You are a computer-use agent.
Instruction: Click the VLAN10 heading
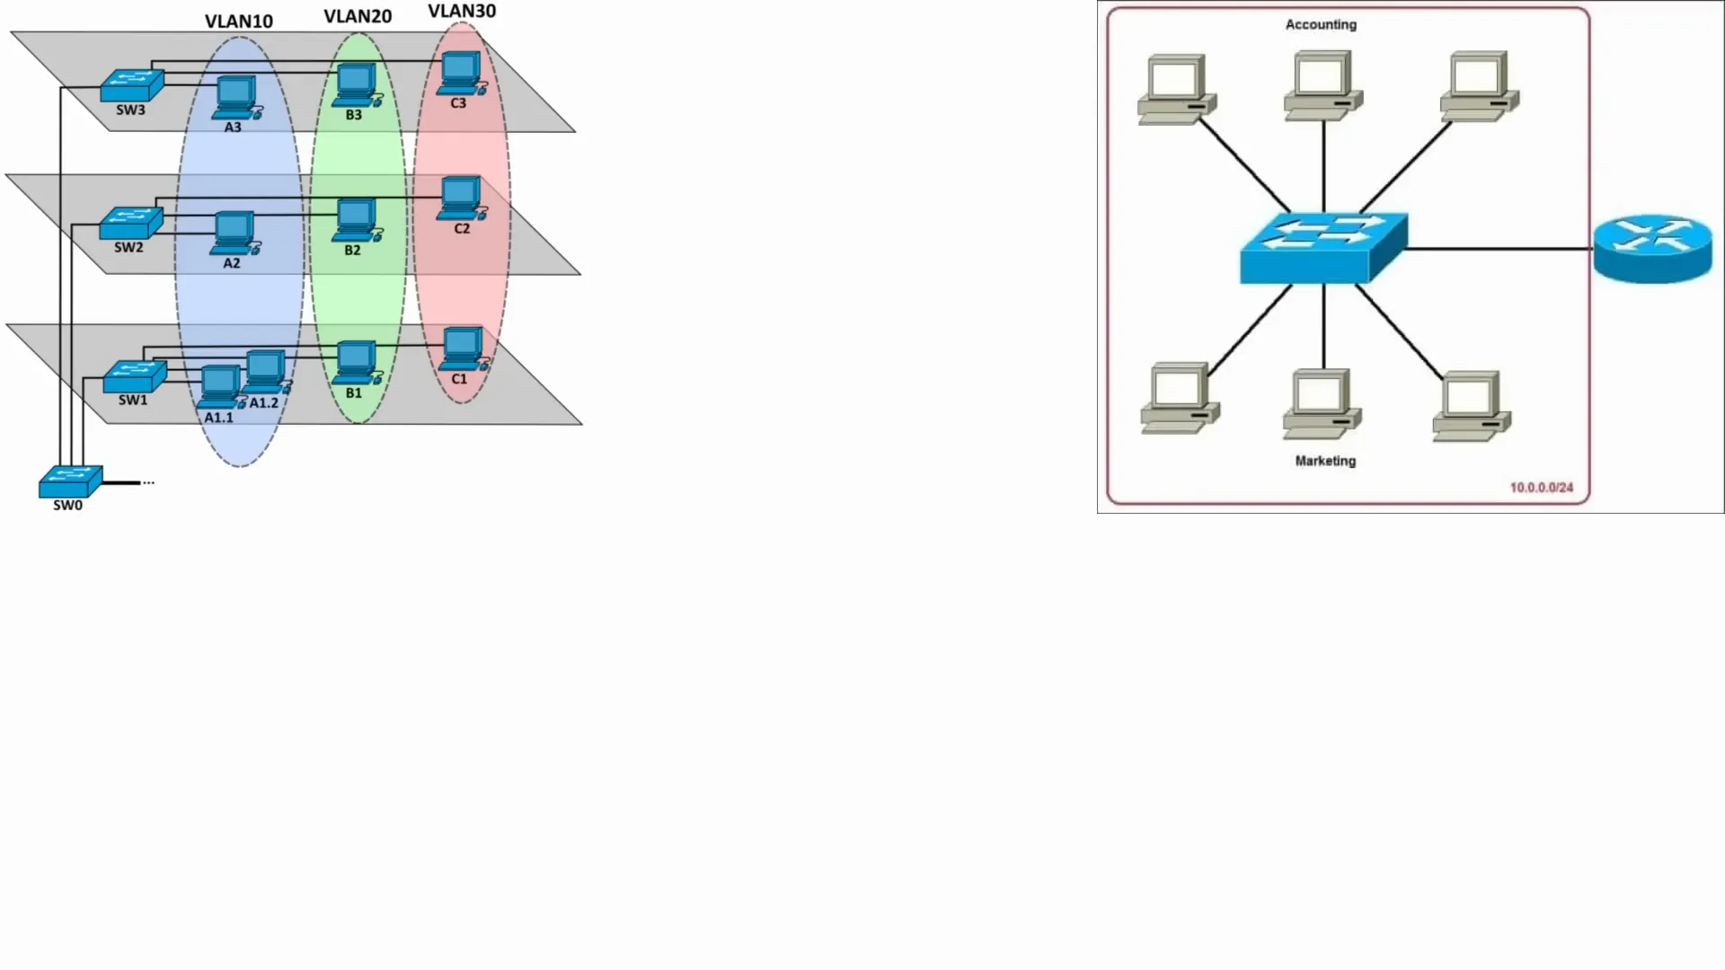tap(239, 22)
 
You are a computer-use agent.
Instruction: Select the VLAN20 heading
tap(358, 17)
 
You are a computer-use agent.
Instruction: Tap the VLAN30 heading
tap(462, 12)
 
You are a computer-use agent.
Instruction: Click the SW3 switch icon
tap(132, 85)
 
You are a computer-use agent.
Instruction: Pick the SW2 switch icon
tap(131, 223)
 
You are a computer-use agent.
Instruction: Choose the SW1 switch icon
tap(135, 376)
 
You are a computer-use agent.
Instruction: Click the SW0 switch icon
tap(70, 481)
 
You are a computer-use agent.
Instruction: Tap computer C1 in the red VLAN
tap(464, 349)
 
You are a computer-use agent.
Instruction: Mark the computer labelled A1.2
tap(267, 373)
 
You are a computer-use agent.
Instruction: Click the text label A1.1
tap(218, 418)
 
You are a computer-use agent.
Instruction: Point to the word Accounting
tap(1321, 24)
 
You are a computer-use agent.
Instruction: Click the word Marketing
tap(1325, 461)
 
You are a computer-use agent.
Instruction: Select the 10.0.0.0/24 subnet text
tap(1542, 488)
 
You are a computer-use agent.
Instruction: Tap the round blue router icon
tap(1653, 249)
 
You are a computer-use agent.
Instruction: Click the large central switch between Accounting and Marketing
tap(1323, 249)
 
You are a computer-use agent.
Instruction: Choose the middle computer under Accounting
tap(1323, 85)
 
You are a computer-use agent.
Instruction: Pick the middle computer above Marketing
tap(1322, 404)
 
